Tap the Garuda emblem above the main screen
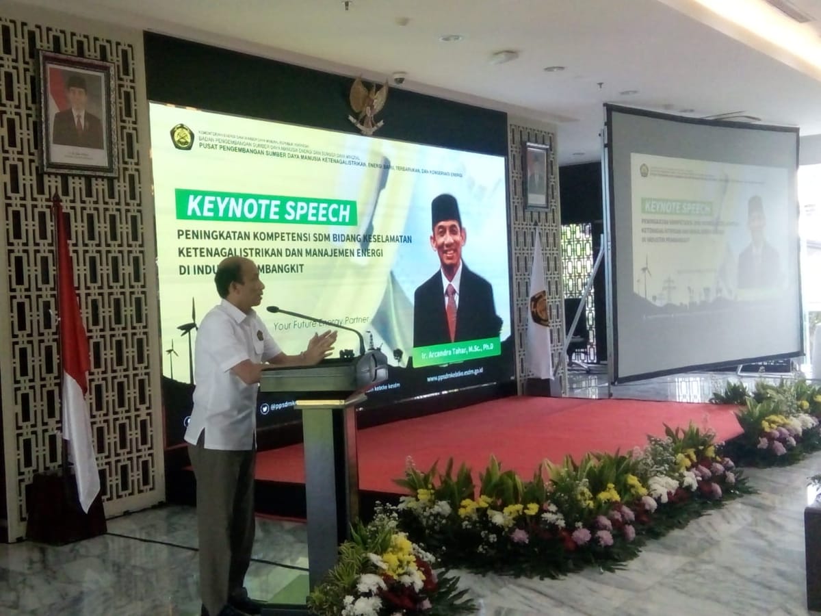coord(368,105)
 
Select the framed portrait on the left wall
coord(77,113)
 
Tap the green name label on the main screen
coord(456,352)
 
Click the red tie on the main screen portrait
coord(451,311)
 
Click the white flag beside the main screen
coord(538,315)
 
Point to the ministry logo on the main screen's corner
coord(181,136)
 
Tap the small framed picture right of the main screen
coord(536,176)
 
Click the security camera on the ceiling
coord(399,78)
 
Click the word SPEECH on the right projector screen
coord(694,207)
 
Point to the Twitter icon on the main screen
coord(264,409)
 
